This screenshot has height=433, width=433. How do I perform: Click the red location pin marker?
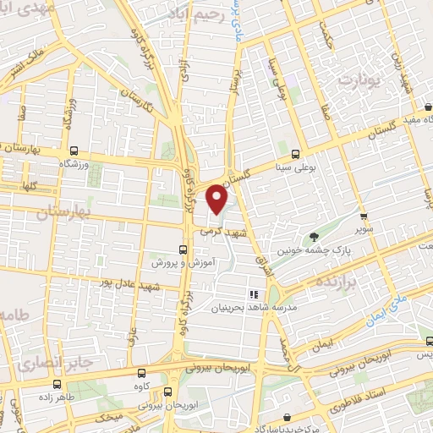[218, 200]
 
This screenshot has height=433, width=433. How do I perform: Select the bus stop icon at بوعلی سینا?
[295, 155]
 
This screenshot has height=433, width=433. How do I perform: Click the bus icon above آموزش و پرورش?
[183, 249]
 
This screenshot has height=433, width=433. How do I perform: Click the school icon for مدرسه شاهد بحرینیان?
[252, 294]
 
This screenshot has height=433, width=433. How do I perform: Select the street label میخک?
[110, 417]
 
